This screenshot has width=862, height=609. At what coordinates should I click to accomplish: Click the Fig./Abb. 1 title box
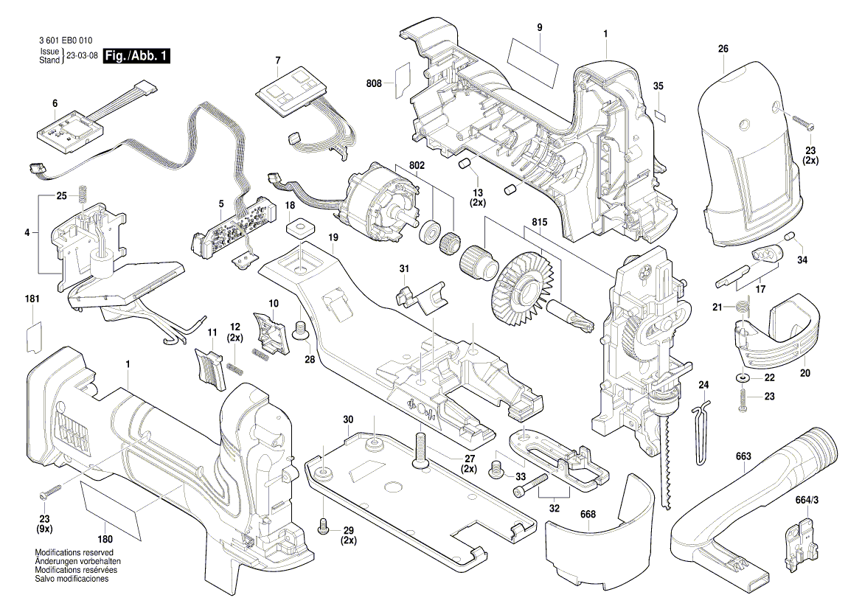(137, 57)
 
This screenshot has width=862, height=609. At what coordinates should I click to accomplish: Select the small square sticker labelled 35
(661, 114)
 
